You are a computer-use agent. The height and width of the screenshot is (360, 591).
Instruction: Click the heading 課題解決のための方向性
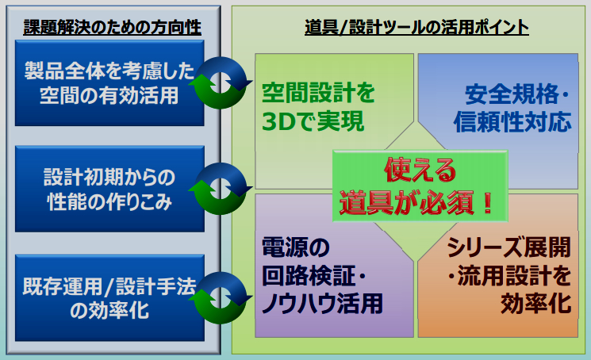tap(112, 27)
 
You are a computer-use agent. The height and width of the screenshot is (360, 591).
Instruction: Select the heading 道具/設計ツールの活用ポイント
tap(416, 27)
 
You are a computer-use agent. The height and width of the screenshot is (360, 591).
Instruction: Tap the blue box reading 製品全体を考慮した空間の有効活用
tap(109, 83)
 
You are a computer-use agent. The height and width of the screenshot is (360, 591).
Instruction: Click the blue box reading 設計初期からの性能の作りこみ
tap(109, 189)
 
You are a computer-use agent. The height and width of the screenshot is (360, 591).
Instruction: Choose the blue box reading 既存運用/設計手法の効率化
tap(109, 298)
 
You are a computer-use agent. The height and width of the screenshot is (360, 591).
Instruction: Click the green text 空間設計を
tap(318, 93)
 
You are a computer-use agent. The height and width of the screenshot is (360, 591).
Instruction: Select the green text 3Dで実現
tap(313, 121)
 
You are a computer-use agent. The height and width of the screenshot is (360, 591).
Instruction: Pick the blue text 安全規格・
tap(517, 94)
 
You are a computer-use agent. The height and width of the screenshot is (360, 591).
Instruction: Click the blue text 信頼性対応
tap(512, 122)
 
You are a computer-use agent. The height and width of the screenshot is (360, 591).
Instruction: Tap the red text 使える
tap(420, 170)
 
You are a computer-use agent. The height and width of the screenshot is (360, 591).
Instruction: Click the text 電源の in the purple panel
tap(295, 247)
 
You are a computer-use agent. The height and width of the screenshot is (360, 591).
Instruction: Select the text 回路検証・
tap(314, 276)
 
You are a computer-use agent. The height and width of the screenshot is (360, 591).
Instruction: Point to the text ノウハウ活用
tap(322, 304)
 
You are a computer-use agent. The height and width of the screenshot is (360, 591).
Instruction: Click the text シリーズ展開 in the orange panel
tap(508, 247)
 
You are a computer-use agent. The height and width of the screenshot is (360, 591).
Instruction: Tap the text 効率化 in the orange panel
tap(536, 304)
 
